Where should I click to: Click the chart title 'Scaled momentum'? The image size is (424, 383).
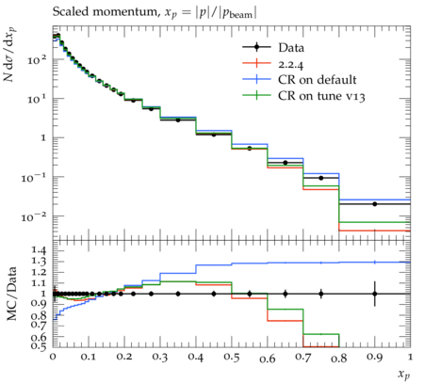pos(105,12)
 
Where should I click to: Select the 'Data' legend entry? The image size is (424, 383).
pos(291,48)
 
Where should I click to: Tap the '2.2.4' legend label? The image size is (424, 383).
pos(291,64)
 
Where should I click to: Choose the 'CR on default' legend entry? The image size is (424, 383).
pos(318,80)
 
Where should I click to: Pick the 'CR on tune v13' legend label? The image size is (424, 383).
pos(321,96)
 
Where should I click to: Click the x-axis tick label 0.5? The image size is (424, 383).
pos(232,358)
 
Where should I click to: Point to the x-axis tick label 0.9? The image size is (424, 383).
pos(375,358)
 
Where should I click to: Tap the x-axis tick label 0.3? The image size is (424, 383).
pos(160,358)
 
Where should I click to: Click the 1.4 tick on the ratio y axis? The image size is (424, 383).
pos(39,250)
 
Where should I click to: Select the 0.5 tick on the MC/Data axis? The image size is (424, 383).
pos(39,345)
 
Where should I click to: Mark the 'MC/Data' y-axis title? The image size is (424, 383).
pos(11,294)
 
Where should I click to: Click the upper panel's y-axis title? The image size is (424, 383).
pos(10,55)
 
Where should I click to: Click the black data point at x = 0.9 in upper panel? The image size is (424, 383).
pos(375,204)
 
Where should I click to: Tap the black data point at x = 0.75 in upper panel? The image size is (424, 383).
pos(321,178)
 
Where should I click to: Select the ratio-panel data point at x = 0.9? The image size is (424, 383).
pos(375,294)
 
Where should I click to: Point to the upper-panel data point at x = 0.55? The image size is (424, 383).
pos(250,149)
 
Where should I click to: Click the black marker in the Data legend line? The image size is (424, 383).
pos(256,47)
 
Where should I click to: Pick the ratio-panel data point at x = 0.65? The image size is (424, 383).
pos(285,294)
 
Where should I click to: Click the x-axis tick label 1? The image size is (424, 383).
pos(410,357)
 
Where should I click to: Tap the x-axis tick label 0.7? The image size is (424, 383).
pos(303,358)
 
